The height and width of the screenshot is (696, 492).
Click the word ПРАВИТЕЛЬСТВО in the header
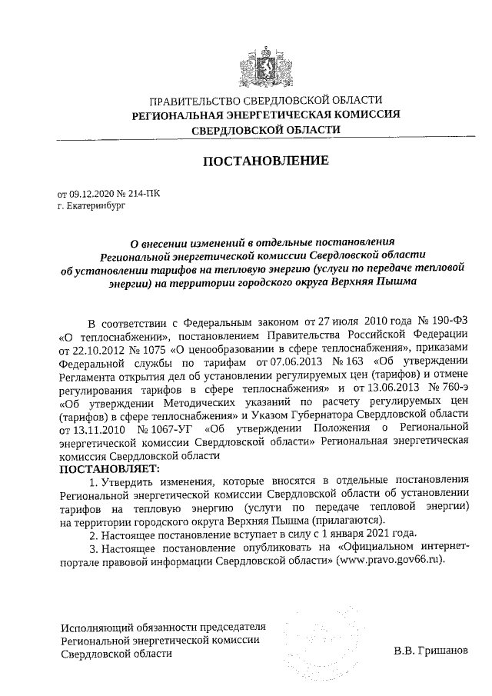point(194,101)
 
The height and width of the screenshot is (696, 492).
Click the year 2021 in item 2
point(378,534)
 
